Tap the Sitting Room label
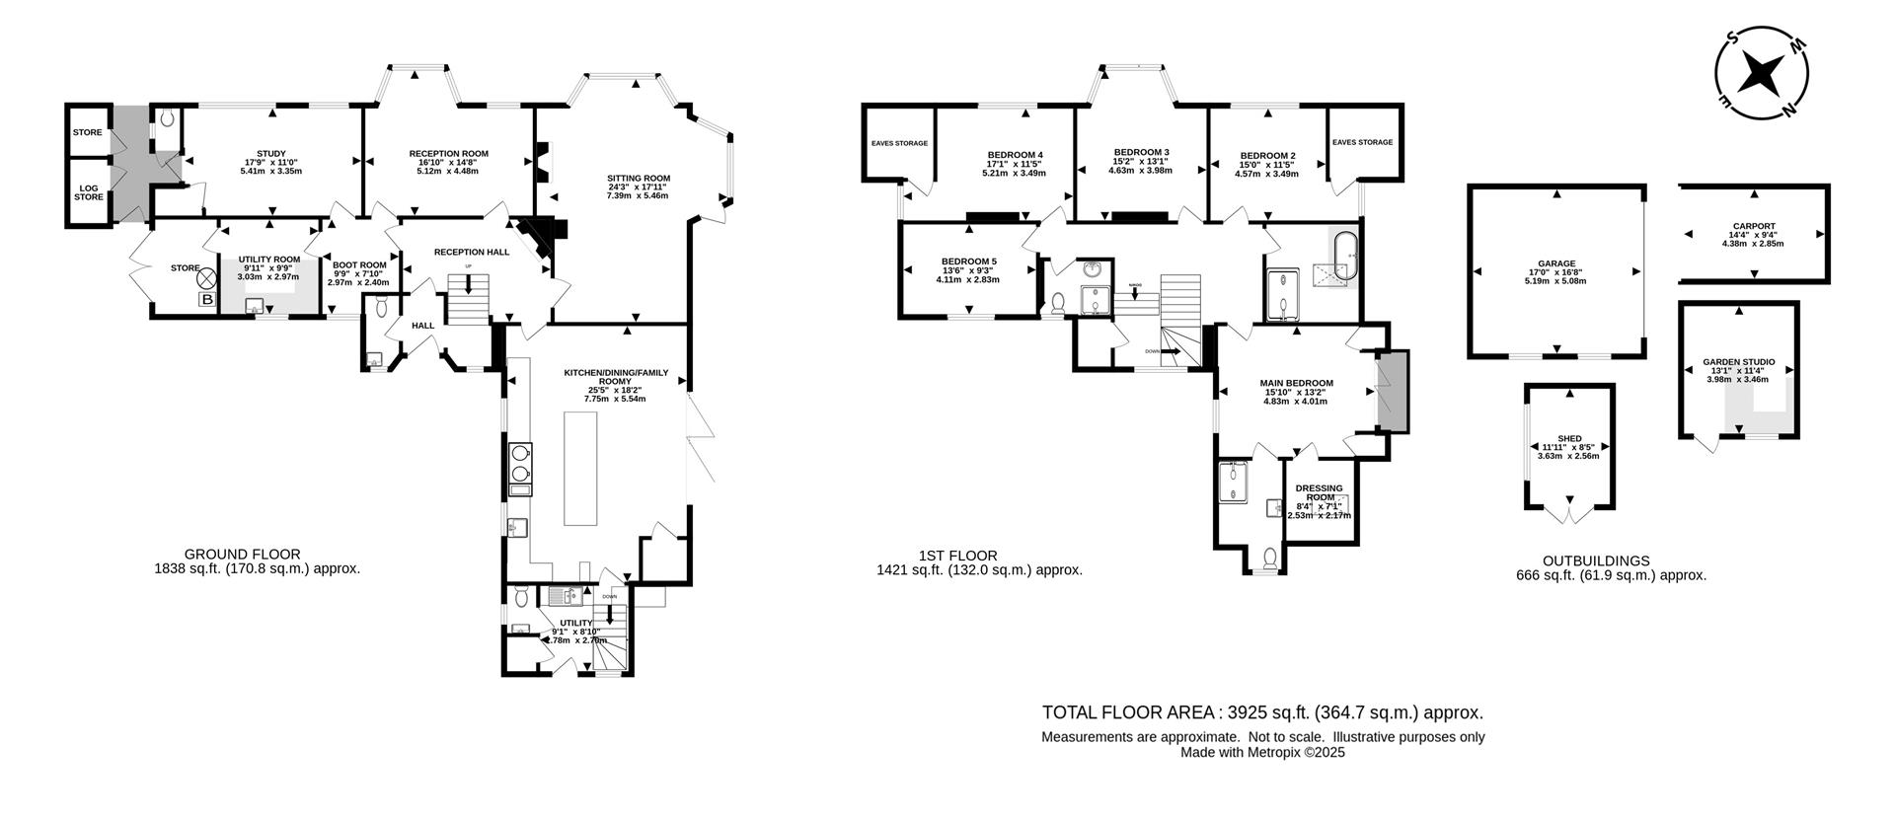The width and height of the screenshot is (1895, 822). (638, 179)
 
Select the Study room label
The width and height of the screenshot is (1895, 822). (271, 154)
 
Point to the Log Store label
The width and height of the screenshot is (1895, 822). (89, 191)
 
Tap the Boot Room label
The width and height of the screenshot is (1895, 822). (358, 265)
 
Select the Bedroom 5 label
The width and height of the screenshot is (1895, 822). (968, 262)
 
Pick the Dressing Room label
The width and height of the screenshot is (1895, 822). (1319, 492)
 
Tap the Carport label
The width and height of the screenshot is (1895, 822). (1752, 226)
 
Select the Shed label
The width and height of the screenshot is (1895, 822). (1569, 439)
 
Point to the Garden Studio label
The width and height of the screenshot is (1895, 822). (1738, 362)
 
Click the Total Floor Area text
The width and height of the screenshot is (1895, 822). (1262, 712)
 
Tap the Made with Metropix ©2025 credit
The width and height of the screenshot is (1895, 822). (1262, 752)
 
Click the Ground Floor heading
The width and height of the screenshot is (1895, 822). (243, 555)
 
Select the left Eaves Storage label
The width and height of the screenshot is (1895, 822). (899, 143)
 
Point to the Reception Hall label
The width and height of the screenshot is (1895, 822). (472, 253)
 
